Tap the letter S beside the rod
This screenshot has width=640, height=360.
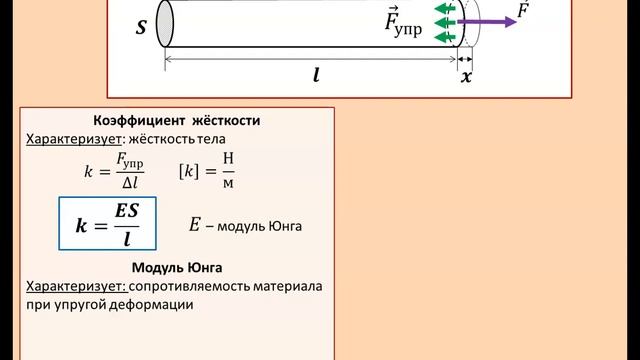pyautogui.click(x=141, y=29)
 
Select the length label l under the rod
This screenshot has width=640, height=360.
pyautogui.click(x=316, y=74)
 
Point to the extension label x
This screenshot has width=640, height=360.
pyautogui.click(x=466, y=76)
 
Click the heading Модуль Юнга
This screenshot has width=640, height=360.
pyautogui.click(x=176, y=268)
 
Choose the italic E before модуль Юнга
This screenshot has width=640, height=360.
pyautogui.click(x=195, y=225)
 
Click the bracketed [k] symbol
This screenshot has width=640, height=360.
pyautogui.click(x=190, y=170)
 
